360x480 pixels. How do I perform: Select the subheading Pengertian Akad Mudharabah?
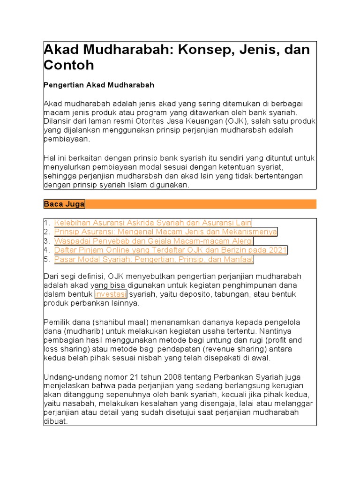99,85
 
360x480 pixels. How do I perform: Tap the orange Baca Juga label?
64,204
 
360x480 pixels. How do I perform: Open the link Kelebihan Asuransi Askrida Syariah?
153,223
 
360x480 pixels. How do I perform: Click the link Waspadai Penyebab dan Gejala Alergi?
154,241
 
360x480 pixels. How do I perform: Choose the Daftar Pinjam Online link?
171,250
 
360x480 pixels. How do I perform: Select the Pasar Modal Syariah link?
154,259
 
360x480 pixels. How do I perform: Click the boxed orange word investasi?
111,294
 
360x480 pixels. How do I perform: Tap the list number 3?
46,241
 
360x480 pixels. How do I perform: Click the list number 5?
46,259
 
